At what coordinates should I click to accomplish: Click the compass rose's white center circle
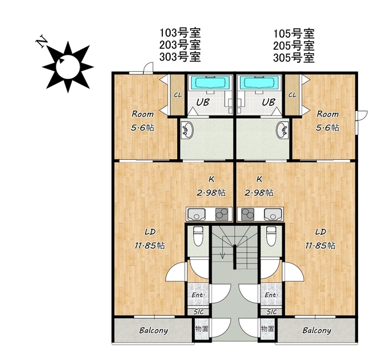click(68, 67)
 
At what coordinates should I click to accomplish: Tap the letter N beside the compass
click(42, 42)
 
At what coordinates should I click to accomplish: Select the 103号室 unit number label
click(180, 32)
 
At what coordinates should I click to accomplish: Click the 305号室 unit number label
click(294, 58)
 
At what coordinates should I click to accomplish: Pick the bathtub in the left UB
click(210, 83)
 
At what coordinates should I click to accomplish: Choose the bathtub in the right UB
click(260, 83)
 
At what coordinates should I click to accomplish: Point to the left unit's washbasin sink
click(187, 130)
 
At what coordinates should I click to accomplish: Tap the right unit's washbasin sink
click(282, 130)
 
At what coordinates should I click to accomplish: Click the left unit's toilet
click(198, 236)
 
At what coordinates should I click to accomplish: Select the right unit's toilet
click(271, 236)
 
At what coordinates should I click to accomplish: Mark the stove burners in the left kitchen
click(222, 214)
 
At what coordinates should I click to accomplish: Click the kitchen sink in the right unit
click(272, 214)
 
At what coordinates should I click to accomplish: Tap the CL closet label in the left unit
click(178, 95)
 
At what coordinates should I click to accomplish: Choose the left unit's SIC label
click(199, 312)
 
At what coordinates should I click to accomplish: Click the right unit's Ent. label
click(271, 295)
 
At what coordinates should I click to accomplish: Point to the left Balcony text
click(153, 330)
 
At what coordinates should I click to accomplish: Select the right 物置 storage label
click(268, 329)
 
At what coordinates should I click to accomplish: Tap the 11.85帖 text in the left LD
click(150, 245)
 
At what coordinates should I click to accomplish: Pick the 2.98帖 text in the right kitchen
click(259, 193)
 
